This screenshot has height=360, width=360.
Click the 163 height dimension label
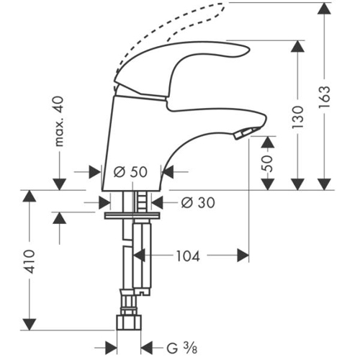pyautogui.click(x=325, y=97)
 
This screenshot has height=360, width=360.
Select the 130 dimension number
pyautogui.click(x=297, y=117)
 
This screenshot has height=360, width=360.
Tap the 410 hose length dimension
pyautogui.click(x=30, y=261)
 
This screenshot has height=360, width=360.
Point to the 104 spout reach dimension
pyautogui.click(x=188, y=256)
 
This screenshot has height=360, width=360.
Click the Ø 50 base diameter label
pyautogui.click(x=130, y=172)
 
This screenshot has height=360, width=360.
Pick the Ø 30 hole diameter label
pyautogui.click(x=198, y=202)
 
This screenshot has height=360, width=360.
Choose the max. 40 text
pyautogui.click(x=59, y=121)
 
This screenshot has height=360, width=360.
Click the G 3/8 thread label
pyautogui.click(x=182, y=348)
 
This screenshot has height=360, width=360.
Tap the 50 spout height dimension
pyautogui.click(x=267, y=163)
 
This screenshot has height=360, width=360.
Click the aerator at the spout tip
pyautogui.click(x=245, y=132)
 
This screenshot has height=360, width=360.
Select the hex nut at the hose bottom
pyautogui.click(x=129, y=323)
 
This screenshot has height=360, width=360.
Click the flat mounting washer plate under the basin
pyautogui.click(x=132, y=215)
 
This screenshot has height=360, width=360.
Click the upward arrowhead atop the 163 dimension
pyautogui.click(x=324, y=9)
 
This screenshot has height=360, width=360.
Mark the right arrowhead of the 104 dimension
pyautogui.click(x=243, y=256)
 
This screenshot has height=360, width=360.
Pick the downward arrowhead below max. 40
pyautogui.click(x=59, y=184)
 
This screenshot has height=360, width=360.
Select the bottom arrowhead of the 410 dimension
pyautogui.click(x=30, y=325)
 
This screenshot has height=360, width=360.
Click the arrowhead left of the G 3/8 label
pyautogui.click(x=111, y=348)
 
